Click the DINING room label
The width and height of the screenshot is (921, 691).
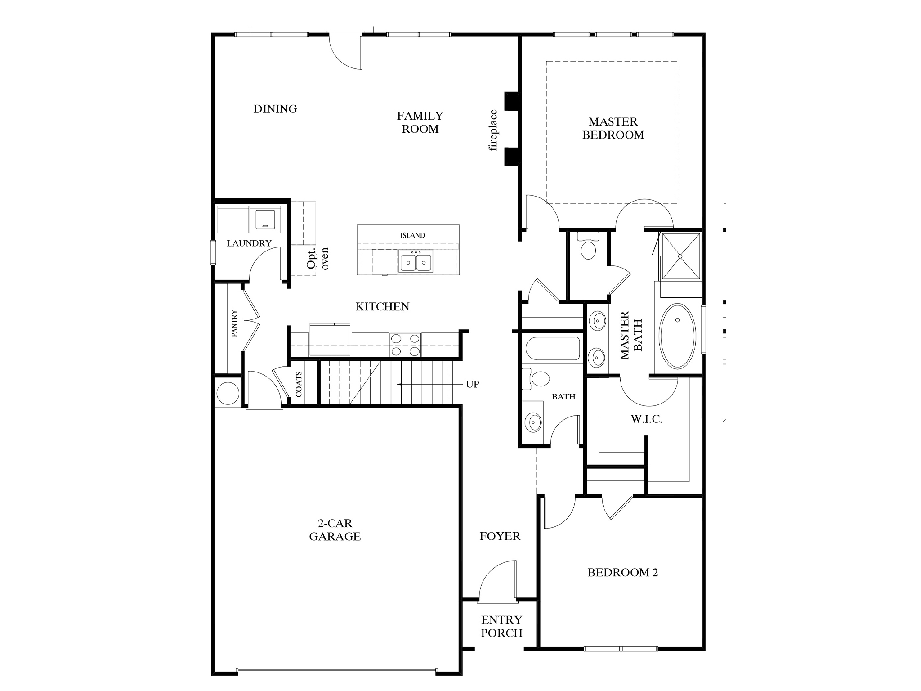(275, 109)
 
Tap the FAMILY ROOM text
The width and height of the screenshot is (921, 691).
(420, 122)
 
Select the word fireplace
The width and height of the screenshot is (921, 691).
(493, 130)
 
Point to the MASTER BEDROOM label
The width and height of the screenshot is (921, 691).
(613, 128)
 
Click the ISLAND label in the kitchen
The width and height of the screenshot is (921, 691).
(412, 235)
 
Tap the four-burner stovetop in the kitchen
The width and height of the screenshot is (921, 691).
(405, 345)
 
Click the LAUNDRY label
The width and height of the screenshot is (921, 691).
(249, 243)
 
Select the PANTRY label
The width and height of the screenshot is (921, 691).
(234, 323)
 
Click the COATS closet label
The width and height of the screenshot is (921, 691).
(299, 384)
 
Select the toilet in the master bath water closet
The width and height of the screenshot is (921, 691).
(588, 248)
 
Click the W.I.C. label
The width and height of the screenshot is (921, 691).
(646, 419)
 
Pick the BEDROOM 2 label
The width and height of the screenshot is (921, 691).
(622, 573)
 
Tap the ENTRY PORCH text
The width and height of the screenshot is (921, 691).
(501, 626)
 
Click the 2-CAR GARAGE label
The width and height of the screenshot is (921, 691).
(335, 530)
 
